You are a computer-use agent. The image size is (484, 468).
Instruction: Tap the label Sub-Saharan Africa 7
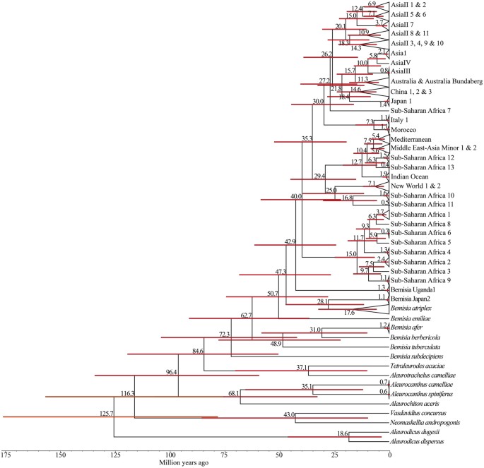[x=421, y=112]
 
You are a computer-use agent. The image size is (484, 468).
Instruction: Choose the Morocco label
[x=406, y=131]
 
